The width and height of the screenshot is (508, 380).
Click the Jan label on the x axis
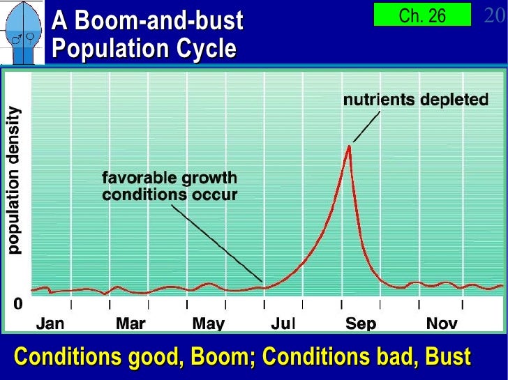coord(50,324)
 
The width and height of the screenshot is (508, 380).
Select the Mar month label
coord(130,324)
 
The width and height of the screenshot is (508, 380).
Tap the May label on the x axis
coord(208,324)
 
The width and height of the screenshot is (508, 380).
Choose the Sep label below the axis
coord(361,324)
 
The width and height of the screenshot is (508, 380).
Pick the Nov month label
coord(442,324)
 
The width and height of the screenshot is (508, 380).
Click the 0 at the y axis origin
coord(17,304)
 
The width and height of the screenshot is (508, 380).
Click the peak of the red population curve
coord(348,146)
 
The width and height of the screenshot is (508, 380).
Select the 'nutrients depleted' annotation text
coord(415,100)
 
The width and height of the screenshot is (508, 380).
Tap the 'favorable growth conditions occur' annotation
coord(170,185)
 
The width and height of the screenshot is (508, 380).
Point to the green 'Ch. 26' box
coord(422,15)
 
